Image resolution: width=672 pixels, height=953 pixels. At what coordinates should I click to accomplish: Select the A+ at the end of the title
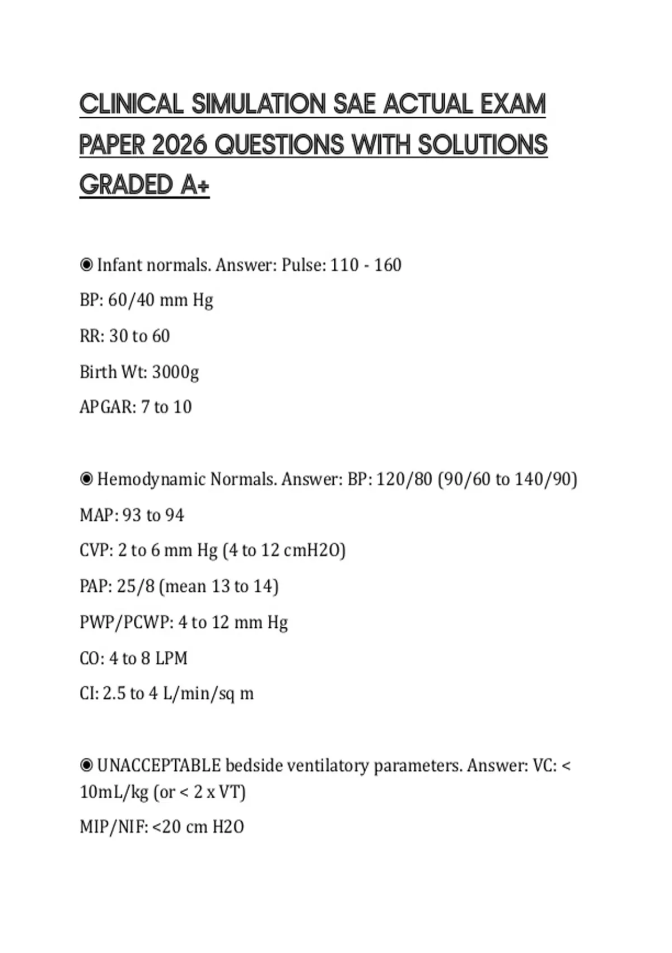(195, 186)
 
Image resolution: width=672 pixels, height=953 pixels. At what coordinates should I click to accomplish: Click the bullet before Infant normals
(86, 265)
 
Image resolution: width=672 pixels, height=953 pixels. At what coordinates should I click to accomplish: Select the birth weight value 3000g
(175, 372)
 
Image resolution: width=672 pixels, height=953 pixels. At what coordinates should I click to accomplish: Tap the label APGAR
(107, 407)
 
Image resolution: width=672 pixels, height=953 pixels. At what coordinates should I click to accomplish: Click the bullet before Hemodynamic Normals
(86, 479)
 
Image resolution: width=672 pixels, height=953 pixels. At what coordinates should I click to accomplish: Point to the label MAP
(97, 515)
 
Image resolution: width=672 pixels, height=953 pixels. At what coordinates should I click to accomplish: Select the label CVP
(96, 550)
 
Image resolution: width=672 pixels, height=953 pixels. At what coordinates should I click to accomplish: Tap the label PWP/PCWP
(126, 622)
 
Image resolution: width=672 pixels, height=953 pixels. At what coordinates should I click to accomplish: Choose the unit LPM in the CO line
(171, 658)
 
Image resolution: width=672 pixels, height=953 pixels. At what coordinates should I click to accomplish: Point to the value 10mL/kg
(114, 792)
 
